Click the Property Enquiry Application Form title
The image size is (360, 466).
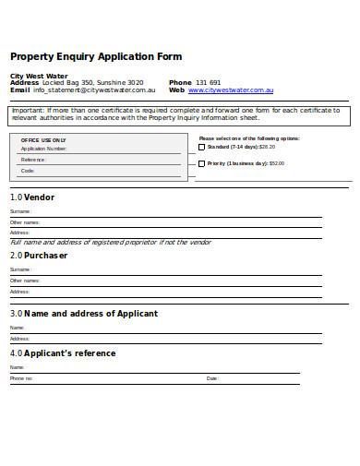96,56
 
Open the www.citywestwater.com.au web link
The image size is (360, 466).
231,90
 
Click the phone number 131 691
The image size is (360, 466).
208,82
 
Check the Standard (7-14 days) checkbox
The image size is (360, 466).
202,147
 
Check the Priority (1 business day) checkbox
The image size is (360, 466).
202,163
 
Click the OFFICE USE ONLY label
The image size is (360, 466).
43,139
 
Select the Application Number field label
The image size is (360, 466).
43,148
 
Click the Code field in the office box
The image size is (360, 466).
102,171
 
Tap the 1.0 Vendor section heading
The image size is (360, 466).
32,197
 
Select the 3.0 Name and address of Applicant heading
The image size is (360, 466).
84,314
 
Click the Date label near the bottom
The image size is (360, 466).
212,378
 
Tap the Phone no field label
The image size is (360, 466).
21,378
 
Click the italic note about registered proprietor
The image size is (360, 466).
111,243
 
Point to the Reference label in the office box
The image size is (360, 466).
34,159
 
